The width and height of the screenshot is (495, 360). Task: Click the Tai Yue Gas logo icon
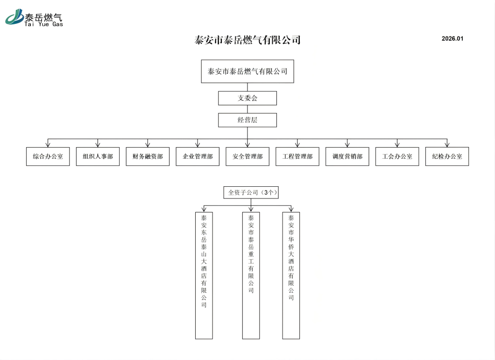14,17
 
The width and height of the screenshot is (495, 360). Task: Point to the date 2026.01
453,39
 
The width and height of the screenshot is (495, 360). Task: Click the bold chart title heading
247,40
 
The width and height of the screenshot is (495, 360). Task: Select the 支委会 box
247,98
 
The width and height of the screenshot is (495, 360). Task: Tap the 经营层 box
247,120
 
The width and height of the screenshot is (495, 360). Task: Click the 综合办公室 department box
48,156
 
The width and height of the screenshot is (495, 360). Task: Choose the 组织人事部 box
98,156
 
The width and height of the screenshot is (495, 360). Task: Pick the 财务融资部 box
148,156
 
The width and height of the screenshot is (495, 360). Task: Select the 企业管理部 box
198,156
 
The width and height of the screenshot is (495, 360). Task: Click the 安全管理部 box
247,156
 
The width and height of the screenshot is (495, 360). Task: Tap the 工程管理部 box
297,156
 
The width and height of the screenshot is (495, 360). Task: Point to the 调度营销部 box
347,156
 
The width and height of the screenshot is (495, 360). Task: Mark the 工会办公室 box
397,156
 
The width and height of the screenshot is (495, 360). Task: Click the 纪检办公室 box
447,156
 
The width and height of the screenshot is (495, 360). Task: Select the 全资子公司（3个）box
251,193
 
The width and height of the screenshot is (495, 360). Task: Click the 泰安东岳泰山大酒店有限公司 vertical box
204,275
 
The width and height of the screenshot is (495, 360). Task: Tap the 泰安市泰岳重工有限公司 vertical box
251,275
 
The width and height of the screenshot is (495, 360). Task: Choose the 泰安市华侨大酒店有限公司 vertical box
291,275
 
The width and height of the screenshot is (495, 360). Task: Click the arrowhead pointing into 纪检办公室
447,145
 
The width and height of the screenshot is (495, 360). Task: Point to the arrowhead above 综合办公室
48,145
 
